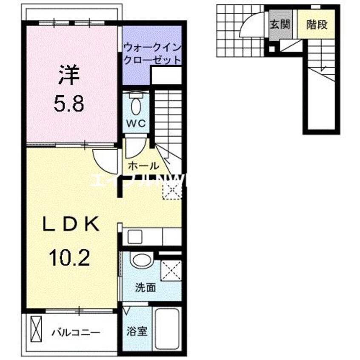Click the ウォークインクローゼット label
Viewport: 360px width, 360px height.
152,53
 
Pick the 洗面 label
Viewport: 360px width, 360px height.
145,287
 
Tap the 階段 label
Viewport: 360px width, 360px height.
317,24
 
